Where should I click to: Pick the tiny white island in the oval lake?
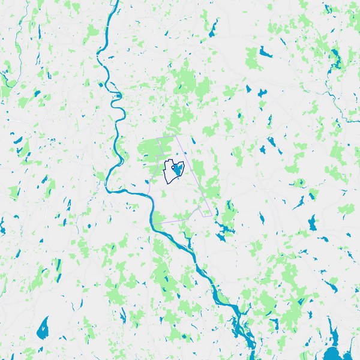click(44, 329)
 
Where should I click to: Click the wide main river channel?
click(174, 240)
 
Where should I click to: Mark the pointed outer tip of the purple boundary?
click(211, 215)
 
